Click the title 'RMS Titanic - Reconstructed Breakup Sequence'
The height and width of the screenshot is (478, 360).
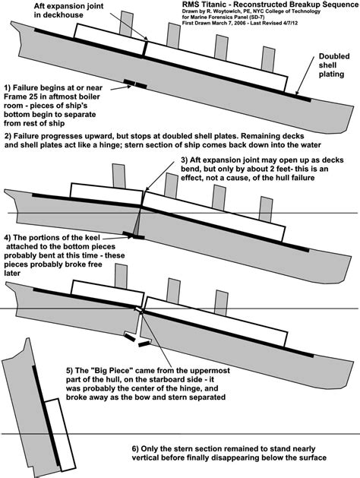pyautogui.click(x=270, y=5)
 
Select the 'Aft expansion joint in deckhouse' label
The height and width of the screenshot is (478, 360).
pyautogui.click(x=69, y=10)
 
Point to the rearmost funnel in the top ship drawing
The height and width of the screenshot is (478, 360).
pyautogui.click(x=126, y=24)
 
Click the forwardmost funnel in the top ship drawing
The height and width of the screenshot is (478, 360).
pyautogui.click(x=268, y=59)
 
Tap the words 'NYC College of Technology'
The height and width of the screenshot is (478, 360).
pyautogui.click(x=292, y=11)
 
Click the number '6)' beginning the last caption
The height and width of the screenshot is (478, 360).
pyautogui.click(x=135, y=448)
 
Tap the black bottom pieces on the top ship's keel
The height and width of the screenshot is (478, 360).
pyautogui.click(x=135, y=84)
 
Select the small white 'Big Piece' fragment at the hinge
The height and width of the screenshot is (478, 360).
pyautogui.click(x=138, y=309)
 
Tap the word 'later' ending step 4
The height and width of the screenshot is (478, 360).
pyautogui.click(x=12, y=273)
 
